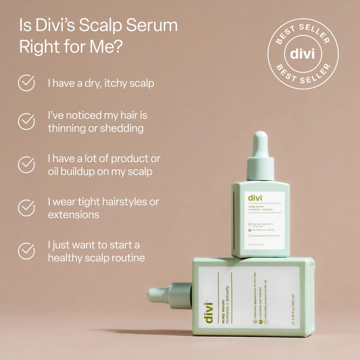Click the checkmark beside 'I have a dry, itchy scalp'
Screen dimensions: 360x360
[x=26, y=83]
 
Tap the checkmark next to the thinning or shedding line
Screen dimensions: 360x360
[x=26, y=121]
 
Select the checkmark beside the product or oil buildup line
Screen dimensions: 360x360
[x=26, y=165]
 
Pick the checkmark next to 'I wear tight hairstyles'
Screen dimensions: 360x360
[x=26, y=208]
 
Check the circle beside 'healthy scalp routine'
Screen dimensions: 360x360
[x=26, y=251]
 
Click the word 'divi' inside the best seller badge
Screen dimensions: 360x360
[x=302, y=54]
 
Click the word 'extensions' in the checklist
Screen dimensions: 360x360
[x=74, y=215]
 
